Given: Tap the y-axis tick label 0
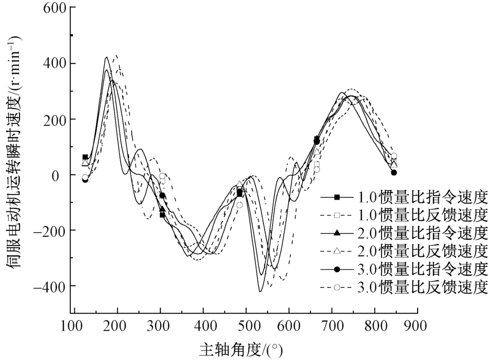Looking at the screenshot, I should (61, 175).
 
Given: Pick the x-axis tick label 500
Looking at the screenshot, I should (246, 325).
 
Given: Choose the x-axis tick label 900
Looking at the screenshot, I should (418, 325).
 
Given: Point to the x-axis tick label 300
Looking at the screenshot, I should (159, 325).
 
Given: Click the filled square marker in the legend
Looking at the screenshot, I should (337, 198).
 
